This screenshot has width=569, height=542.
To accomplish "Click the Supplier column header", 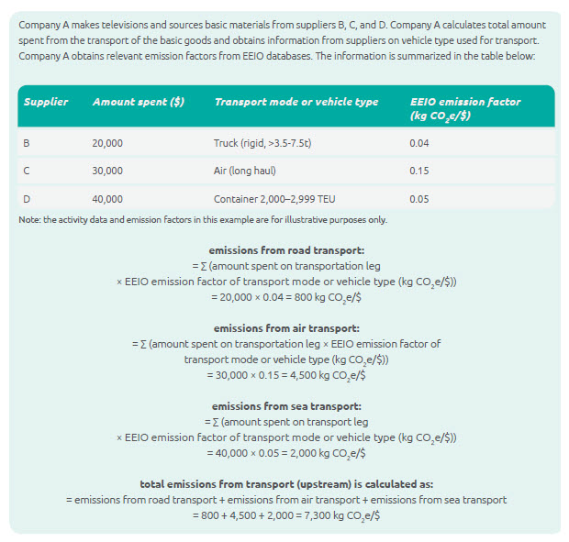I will point(46,102).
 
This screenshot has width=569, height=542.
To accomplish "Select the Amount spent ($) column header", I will point(139,102).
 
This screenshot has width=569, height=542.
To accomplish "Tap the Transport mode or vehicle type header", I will point(296,102).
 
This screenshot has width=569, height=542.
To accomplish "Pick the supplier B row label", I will point(27,143).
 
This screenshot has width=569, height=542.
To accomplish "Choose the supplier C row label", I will point(27,171).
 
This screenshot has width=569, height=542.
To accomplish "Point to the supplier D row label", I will point(27,198).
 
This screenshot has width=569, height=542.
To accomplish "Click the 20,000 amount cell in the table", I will point(107,143).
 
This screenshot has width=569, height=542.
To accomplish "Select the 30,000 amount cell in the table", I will point(107,171).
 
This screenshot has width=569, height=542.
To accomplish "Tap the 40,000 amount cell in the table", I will point(107,198).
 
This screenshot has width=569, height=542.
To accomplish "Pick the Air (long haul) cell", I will point(244,171).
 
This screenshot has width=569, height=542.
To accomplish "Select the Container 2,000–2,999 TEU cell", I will point(272,198).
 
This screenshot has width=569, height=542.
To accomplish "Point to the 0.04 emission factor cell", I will point(418,143).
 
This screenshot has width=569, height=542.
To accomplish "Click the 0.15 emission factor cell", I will point(418,171).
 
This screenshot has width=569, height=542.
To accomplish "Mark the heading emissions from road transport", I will point(285,249).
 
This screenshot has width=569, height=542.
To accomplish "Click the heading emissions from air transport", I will point(285,327).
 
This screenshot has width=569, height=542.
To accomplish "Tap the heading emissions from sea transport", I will point(285,405).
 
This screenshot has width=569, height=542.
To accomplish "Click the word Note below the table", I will point(29,219).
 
